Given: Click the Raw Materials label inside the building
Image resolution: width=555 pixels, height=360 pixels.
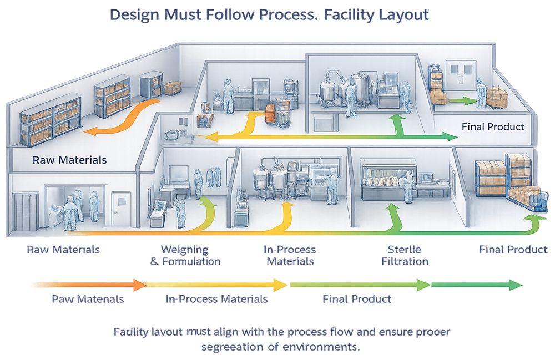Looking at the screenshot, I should coord(69,160).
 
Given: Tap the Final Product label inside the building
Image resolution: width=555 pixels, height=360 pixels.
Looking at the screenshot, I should coord(493,127).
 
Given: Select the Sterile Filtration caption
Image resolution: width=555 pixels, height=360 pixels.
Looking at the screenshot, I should coord(405,255).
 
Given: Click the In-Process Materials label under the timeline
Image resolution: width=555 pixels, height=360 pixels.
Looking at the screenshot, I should coord(216,300).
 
